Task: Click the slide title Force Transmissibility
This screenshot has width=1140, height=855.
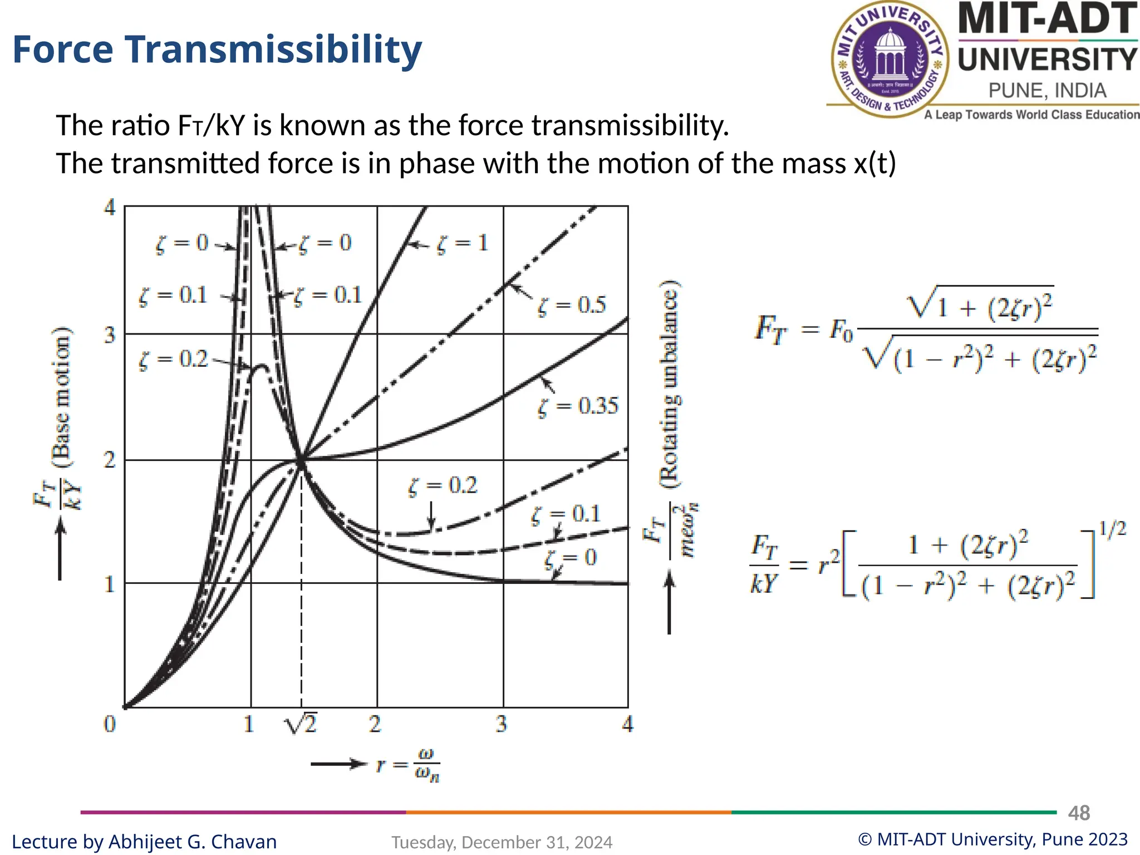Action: click(217, 50)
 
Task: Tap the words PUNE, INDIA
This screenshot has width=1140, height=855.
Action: click(1047, 91)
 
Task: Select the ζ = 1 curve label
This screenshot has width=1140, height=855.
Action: click(463, 243)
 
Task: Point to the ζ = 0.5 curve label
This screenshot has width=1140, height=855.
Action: click(572, 306)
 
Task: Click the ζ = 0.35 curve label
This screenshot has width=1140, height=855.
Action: click(578, 406)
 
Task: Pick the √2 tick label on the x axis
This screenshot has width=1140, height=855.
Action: click(301, 724)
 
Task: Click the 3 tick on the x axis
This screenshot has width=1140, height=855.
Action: click(502, 724)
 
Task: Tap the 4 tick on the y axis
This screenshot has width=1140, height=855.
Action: click(110, 208)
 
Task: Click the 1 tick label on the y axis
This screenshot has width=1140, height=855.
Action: click(110, 584)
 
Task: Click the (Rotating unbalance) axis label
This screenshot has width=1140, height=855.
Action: click(669, 384)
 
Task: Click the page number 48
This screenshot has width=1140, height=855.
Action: click(1079, 813)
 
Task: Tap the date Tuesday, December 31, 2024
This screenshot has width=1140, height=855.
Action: click(502, 842)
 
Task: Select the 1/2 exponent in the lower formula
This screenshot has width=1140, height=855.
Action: click(1112, 529)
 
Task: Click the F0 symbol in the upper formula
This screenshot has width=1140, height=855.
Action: click(841, 330)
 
